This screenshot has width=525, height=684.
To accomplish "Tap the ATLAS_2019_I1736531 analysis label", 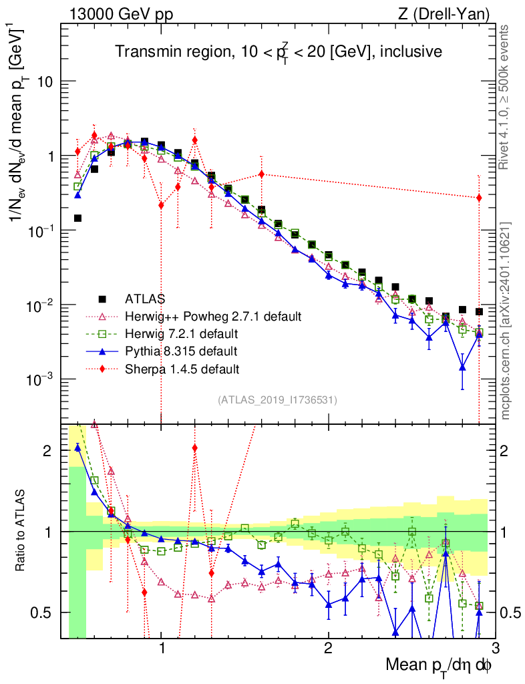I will click(x=277, y=400).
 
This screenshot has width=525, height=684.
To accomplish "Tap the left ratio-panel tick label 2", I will click(x=47, y=451).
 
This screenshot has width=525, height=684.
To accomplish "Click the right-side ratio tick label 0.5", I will click(x=512, y=613).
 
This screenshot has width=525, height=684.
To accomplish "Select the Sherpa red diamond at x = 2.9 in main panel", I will click(x=479, y=198).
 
